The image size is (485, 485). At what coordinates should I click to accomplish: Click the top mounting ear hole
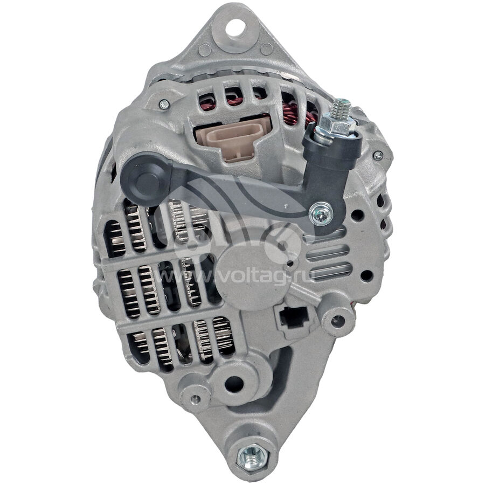point(235,27)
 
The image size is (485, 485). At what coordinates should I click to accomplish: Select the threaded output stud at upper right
point(343,109)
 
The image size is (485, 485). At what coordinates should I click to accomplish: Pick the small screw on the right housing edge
point(378,155)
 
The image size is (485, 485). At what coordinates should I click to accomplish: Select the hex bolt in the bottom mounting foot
point(253,456)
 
